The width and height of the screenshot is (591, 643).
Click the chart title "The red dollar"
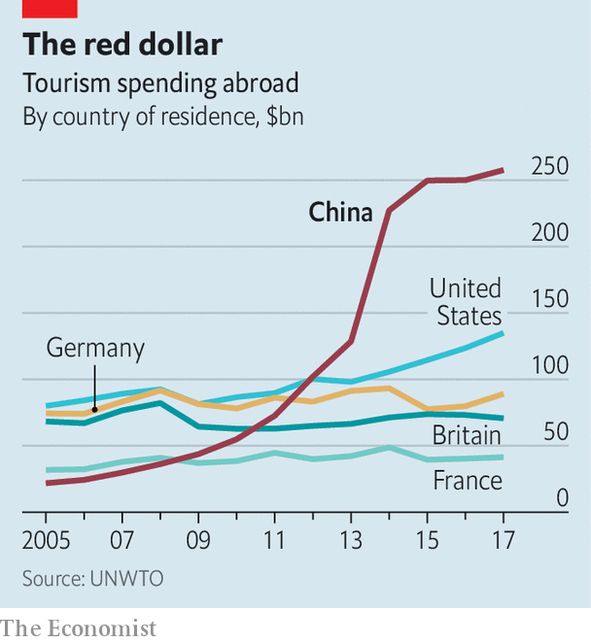122,45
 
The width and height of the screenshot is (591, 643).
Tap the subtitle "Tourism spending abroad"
160,84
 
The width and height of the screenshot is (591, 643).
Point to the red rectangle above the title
50,9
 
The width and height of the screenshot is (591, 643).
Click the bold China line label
340,212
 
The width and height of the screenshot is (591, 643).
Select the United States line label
466,301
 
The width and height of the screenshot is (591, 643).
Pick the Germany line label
95,348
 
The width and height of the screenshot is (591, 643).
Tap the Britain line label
468,434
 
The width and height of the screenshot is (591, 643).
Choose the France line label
468,481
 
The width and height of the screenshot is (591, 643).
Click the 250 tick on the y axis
549,166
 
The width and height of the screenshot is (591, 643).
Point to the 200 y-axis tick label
549,233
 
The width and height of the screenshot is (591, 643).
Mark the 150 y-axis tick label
549,299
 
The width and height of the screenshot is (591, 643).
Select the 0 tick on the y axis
561,498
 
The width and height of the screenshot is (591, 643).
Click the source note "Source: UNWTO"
93,578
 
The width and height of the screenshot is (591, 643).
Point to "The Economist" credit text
79,627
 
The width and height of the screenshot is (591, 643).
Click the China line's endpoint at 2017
503,170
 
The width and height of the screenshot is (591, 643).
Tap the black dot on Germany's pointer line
94,411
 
